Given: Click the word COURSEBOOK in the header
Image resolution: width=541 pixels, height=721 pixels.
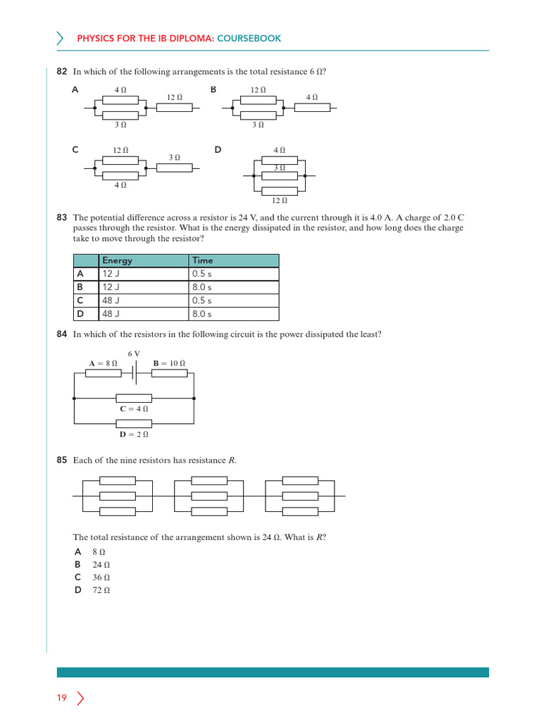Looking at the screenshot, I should (249, 38).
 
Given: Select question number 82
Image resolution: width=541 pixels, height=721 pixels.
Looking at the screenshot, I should (61, 72).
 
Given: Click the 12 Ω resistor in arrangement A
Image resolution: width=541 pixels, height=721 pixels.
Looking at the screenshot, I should (174, 108).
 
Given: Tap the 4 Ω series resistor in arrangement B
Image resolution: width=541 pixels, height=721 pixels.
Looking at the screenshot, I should (312, 108).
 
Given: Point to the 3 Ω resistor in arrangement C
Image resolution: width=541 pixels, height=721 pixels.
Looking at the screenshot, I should (174, 169).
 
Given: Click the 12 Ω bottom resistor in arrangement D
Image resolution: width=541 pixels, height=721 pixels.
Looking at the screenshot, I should (280, 190).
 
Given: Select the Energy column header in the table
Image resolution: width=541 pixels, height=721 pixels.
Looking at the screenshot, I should (117, 261).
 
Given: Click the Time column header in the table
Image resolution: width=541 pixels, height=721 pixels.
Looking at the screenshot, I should (202, 261).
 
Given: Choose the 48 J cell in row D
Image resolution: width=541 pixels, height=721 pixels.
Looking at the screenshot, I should (111, 314).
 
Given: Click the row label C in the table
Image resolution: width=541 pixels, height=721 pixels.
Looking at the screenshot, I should (81, 301).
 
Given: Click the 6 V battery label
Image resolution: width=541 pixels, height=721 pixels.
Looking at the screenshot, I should (134, 353).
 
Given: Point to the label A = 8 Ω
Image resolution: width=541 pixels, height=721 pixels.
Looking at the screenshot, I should (103, 363).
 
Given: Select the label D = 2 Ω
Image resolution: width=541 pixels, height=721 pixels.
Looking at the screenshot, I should (134, 434).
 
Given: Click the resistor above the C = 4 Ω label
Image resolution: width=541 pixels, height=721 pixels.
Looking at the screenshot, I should (134, 398).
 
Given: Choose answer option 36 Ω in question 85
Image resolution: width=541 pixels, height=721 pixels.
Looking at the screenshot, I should (101, 577).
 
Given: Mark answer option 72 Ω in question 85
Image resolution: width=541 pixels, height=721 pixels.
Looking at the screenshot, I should (101, 591).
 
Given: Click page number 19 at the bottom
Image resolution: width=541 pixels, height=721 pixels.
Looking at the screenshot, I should (62, 698).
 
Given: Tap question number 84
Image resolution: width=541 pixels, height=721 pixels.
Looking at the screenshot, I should (61, 334).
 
